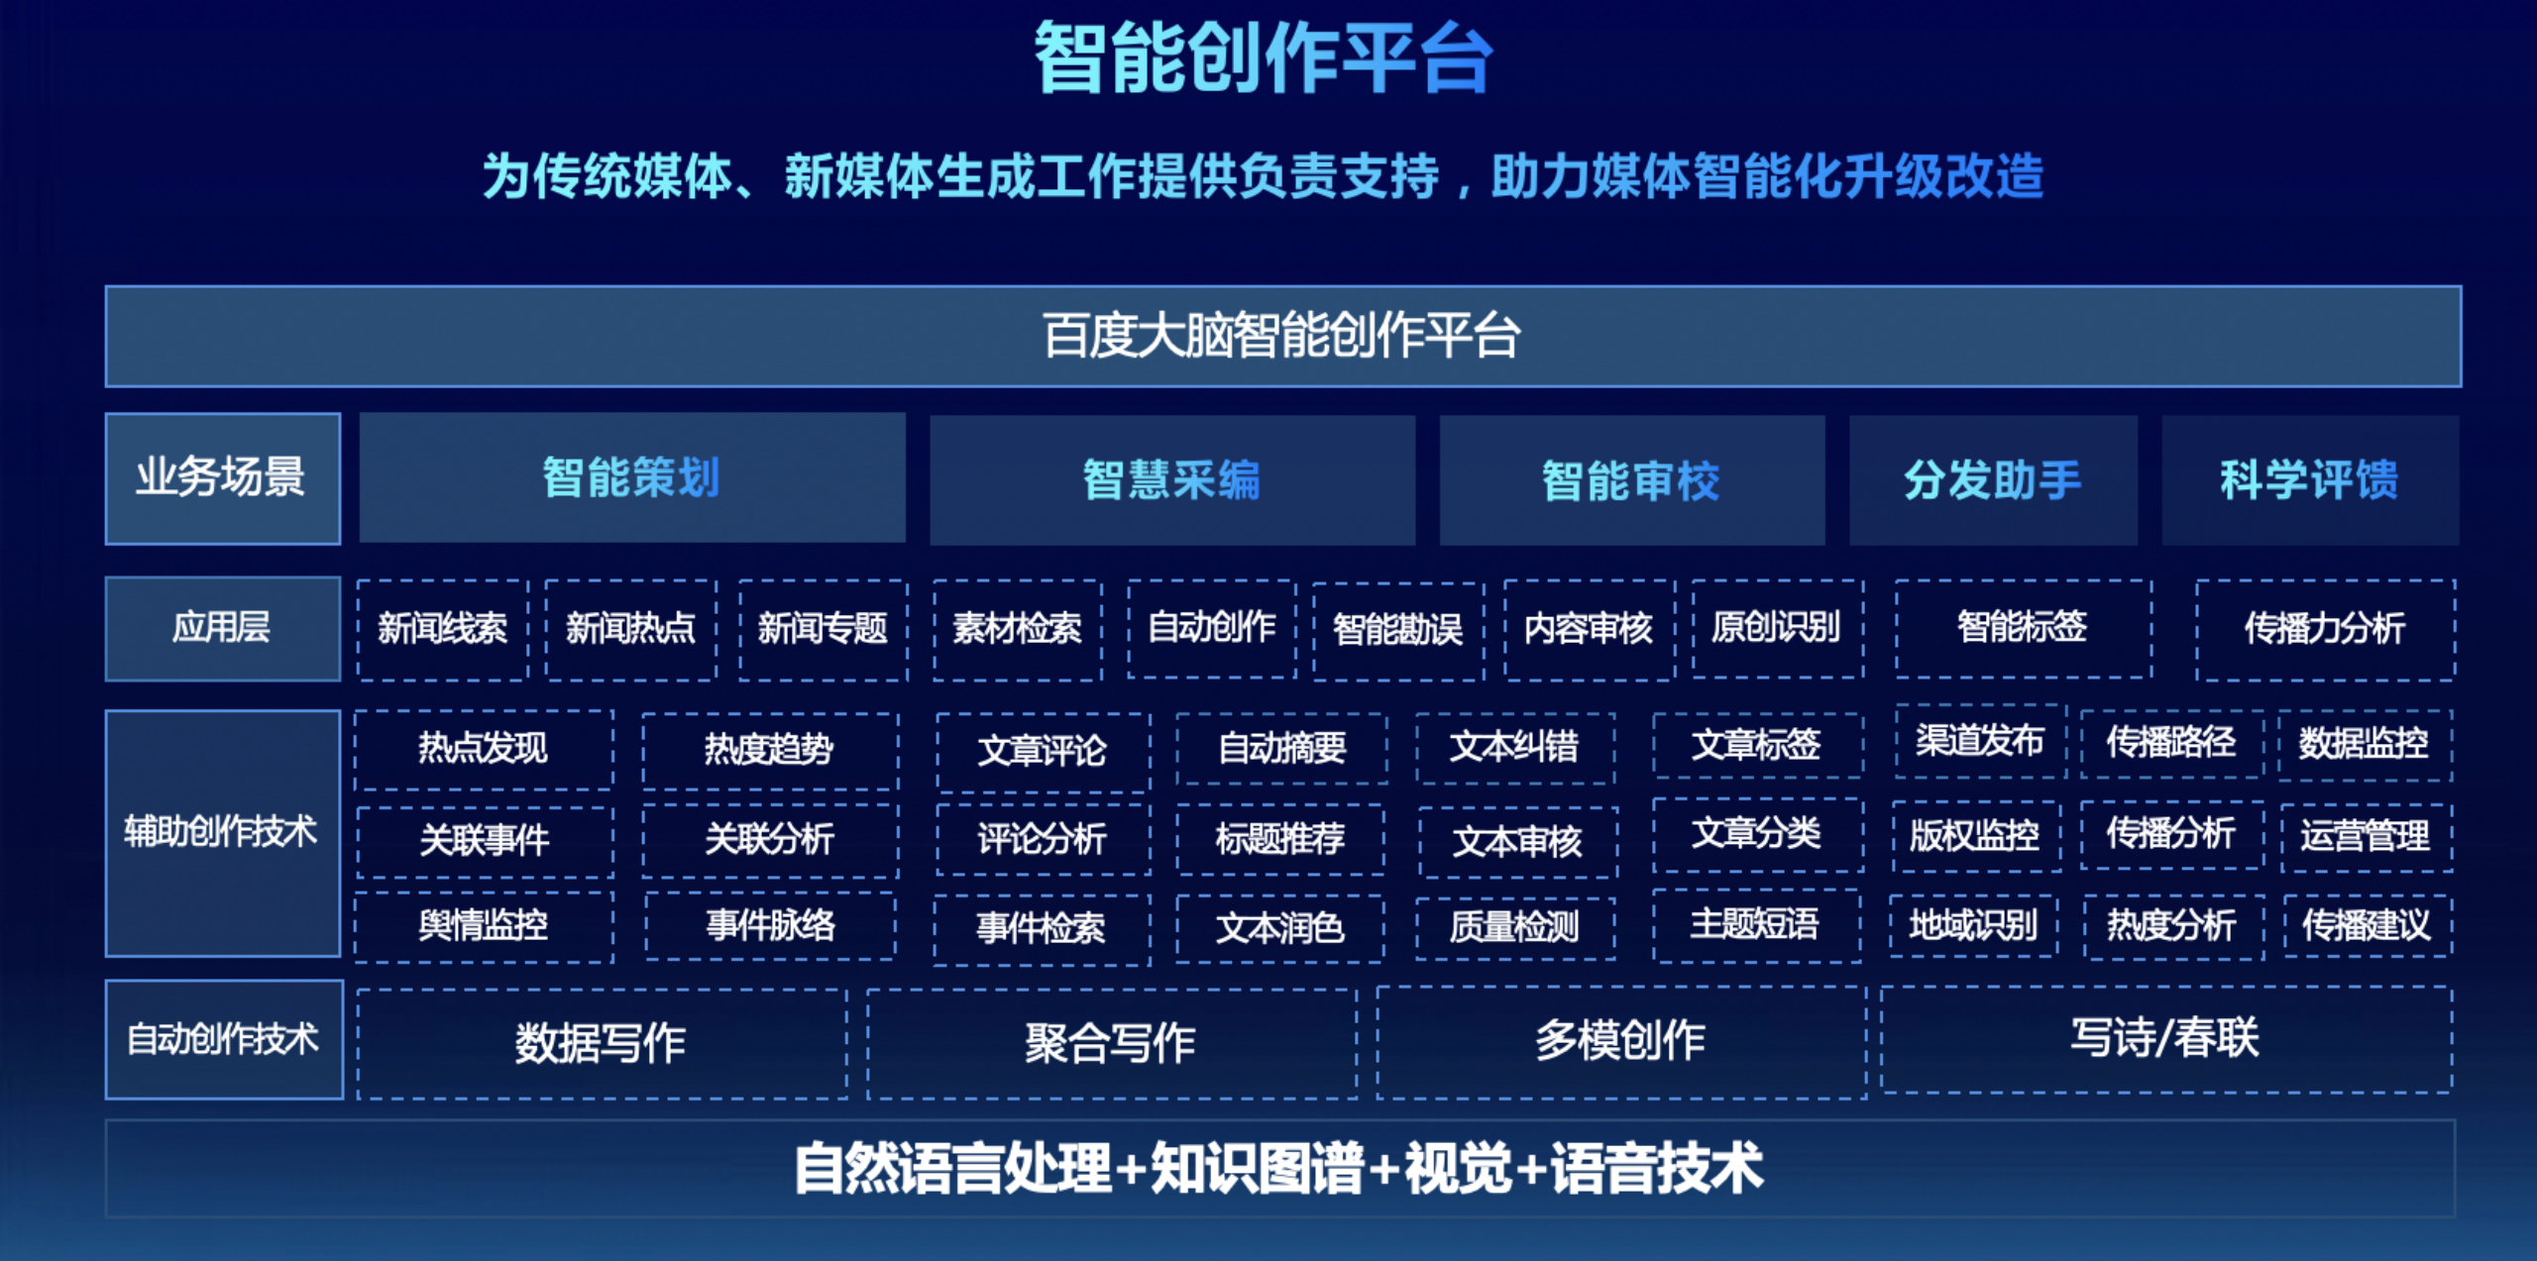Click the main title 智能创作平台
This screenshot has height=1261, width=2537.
[x=1264, y=59]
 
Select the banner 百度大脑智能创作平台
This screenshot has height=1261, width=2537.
[x=1282, y=336]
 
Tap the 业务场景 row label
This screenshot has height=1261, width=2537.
[x=222, y=478]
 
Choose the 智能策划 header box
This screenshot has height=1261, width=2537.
[x=631, y=478]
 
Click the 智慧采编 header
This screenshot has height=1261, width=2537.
[x=1171, y=480]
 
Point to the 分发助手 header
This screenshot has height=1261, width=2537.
[x=1992, y=480]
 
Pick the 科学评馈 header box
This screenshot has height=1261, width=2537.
[x=2309, y=480]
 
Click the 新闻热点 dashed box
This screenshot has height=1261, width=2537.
[x=630, y=629]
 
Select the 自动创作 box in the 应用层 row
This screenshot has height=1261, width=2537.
[x=1211, y=628]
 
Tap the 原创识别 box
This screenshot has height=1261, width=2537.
[x=1776, y=628]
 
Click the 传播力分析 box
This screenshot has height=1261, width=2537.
[x=2324, y=629]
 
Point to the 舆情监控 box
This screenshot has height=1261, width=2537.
[x=484, y=926]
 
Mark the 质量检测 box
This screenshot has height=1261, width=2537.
[x=1514, y=927]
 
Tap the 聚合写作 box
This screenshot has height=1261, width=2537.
[x=1110, y=1043]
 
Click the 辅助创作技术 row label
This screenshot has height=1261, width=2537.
[x=222, y=832]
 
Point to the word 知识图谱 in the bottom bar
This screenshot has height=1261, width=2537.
[x=1257, y=1169]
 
